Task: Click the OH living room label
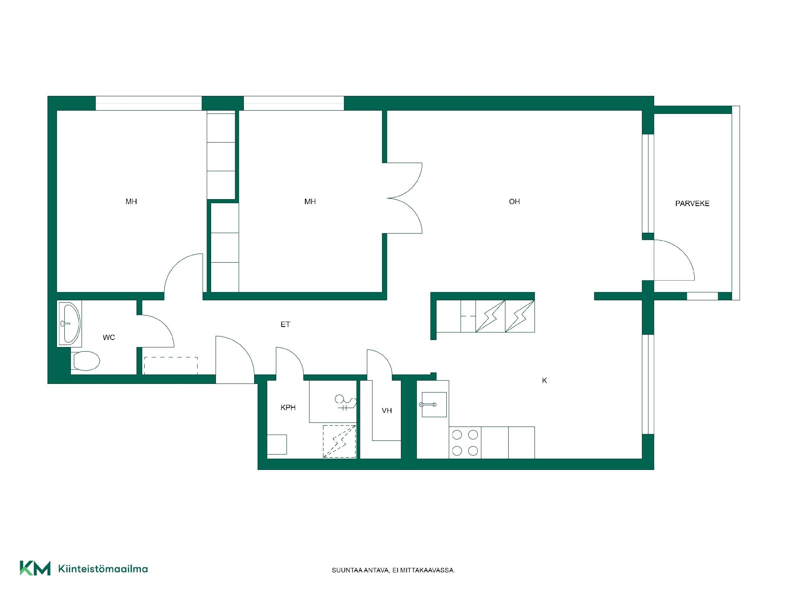click(x=514, y=202)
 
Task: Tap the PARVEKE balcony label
click(x=692, y=204)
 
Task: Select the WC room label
click(x=109, y=338)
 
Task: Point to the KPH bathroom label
click(x=288, y=408)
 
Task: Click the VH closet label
click(x=387, y=411)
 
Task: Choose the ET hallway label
click(x=285, y=324)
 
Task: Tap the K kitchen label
click(x=544, y=381)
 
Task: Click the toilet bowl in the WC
click(x=86, y=361)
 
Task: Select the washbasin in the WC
click(x=70, y=323)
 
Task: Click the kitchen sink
click(x=433, y=404)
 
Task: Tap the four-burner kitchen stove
click(x=465, y=442)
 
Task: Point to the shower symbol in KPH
click(x=345, y=403)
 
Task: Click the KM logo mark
click(x=35, y=568)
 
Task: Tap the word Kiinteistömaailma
click(x=103, y=569)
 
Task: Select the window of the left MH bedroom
click(x=149, y=103)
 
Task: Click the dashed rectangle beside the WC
click(x=171, y=365)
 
